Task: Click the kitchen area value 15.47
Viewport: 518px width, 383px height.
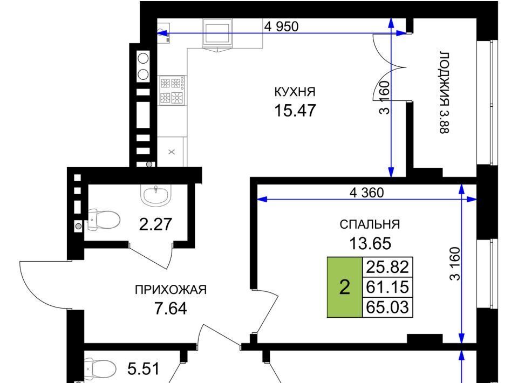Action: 295,110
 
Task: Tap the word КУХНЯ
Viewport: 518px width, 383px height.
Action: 295,92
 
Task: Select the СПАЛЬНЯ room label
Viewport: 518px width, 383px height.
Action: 370,224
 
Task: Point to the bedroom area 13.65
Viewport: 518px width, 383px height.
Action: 370,243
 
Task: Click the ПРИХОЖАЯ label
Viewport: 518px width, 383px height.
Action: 171,290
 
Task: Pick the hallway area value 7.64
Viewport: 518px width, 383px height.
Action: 171,309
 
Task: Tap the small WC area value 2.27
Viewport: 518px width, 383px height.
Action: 155,224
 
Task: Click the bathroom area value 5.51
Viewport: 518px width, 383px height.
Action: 144,369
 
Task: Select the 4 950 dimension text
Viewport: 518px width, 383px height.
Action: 281,26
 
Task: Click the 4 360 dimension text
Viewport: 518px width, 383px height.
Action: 367,193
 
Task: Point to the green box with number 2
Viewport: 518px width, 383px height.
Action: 345,287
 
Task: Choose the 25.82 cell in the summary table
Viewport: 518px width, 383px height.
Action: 387,267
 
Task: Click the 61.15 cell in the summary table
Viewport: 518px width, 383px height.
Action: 387,287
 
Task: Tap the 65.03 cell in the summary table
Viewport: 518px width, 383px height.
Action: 387,307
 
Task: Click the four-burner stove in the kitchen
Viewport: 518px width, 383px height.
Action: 172,91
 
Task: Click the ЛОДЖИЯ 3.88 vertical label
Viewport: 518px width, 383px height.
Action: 444,92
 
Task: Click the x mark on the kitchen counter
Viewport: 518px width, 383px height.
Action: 172,152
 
